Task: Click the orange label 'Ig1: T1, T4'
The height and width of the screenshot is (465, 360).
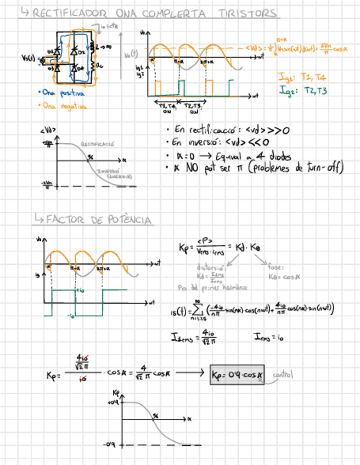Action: (302, 78)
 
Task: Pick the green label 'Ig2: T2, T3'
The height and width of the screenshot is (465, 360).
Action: (302, 90)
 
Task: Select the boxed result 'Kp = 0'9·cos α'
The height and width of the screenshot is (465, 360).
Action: (237, 375)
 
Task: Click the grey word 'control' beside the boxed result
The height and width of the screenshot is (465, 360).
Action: (283, 375)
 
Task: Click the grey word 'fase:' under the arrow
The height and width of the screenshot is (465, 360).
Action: (275, 268)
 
